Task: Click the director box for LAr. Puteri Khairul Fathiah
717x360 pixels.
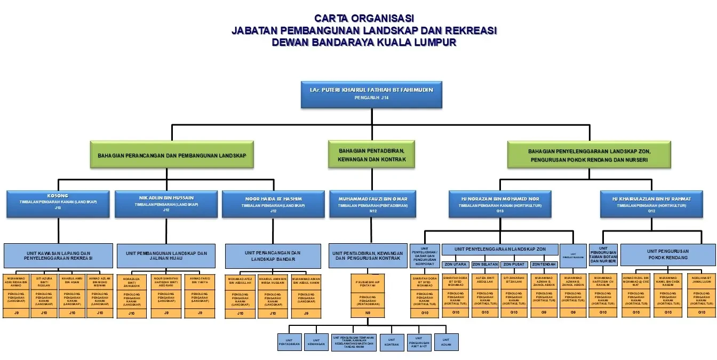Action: (x=371, y=94)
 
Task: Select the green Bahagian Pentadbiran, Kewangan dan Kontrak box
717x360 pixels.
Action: (x=371, y=155)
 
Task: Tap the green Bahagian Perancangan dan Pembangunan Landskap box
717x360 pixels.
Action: (x=171, y=155)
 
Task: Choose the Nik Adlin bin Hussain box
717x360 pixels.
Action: (x=166, y=204)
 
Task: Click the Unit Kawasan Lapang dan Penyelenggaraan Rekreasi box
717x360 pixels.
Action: (x=58, y=255)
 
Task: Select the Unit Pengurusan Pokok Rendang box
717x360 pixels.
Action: (x=667, y=254)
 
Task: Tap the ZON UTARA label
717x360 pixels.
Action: (x=455, y=265)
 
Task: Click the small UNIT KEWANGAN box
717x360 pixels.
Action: (x=316, y=342)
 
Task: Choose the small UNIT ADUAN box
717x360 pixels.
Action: (x=446, y=342)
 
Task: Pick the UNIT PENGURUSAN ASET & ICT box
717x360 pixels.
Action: (x=419, y=342)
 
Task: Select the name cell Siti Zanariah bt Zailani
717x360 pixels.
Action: (x=514, y=280)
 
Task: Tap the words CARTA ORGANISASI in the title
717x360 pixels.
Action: (x=364, y=19)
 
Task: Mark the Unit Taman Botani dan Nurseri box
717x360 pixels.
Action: (x=603, y=254)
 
